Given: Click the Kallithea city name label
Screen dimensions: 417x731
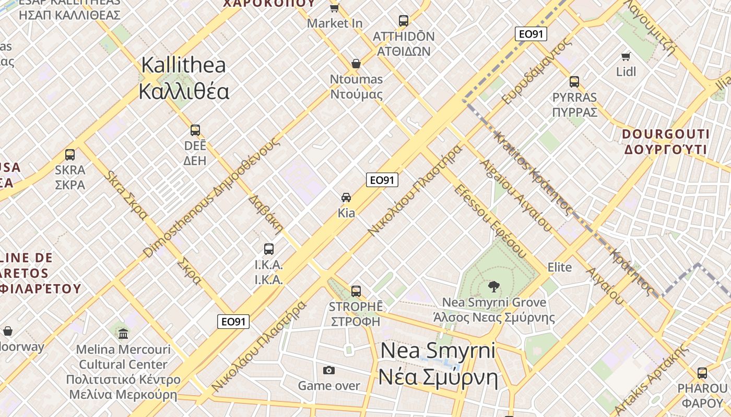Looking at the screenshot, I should click(x=184, y=78).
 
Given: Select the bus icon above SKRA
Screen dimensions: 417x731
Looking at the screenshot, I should click(x=70, y=155).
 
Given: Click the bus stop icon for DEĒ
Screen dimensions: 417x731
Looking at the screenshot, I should click(x=195, y=130).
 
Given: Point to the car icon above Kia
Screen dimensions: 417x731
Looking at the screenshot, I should click(x=346, y=198).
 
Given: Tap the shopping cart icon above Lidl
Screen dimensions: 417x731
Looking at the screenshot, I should click(x=626, y=56).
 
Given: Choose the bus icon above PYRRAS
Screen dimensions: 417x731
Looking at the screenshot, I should click(x=574, y=82).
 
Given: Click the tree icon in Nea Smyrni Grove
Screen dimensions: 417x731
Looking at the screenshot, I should click(x=493, y=286).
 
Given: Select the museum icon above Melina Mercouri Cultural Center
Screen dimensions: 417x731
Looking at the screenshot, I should click(x=123, y=334).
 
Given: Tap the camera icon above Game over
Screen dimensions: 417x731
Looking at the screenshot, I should click(x=329, y=370).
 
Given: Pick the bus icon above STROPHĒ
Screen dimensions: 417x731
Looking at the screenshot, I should click(x=356, y=291).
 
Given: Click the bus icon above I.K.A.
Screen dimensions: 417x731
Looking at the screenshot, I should click(x=269, y=249).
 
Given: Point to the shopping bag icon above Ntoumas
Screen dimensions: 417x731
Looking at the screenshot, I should click(x=356, y=64).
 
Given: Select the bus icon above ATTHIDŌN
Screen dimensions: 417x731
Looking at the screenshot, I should click(x=404, y=21).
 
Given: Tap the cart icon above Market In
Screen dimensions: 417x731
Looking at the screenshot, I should click(x=335, y=8).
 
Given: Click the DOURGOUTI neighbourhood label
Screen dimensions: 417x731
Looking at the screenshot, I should click(x=666, y=142).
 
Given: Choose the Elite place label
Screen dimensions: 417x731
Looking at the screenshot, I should click(x=560, y=267).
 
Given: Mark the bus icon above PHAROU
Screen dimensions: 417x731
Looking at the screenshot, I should click(x=702, y=373).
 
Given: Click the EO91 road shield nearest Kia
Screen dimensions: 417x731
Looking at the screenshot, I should click(x=382, y=180).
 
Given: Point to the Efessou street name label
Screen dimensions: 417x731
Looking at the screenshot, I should click(x=489, y=220).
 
